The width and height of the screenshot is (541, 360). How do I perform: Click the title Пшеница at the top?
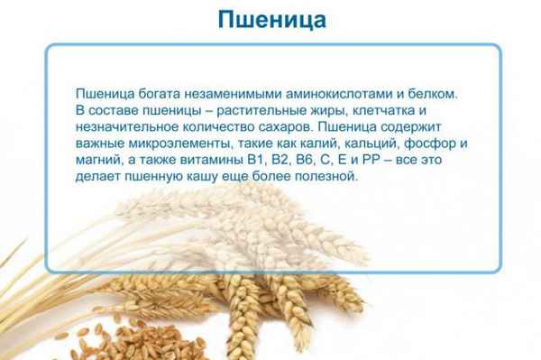click(x=270, y=19)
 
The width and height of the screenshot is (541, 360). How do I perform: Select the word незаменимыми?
click(x=212, y=93)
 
